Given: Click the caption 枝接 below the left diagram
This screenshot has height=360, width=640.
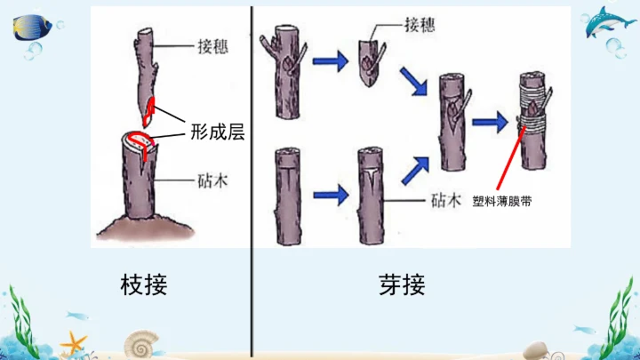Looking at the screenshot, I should coord(143,284).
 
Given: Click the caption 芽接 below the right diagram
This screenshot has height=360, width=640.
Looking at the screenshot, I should coord(402,284).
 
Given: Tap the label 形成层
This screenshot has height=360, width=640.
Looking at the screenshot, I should coord(217,133).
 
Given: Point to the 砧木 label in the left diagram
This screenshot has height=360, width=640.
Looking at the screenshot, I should coord(213,180).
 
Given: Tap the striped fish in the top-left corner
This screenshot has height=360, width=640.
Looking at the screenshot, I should coord(34,26).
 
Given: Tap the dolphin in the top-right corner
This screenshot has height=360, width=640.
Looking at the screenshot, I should coord(611,24).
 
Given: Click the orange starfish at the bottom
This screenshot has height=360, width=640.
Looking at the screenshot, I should coord(72,343).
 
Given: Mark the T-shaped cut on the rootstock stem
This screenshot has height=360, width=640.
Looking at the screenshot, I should coord(370,178).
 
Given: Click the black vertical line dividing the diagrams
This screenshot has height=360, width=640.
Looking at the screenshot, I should coord(252,178).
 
